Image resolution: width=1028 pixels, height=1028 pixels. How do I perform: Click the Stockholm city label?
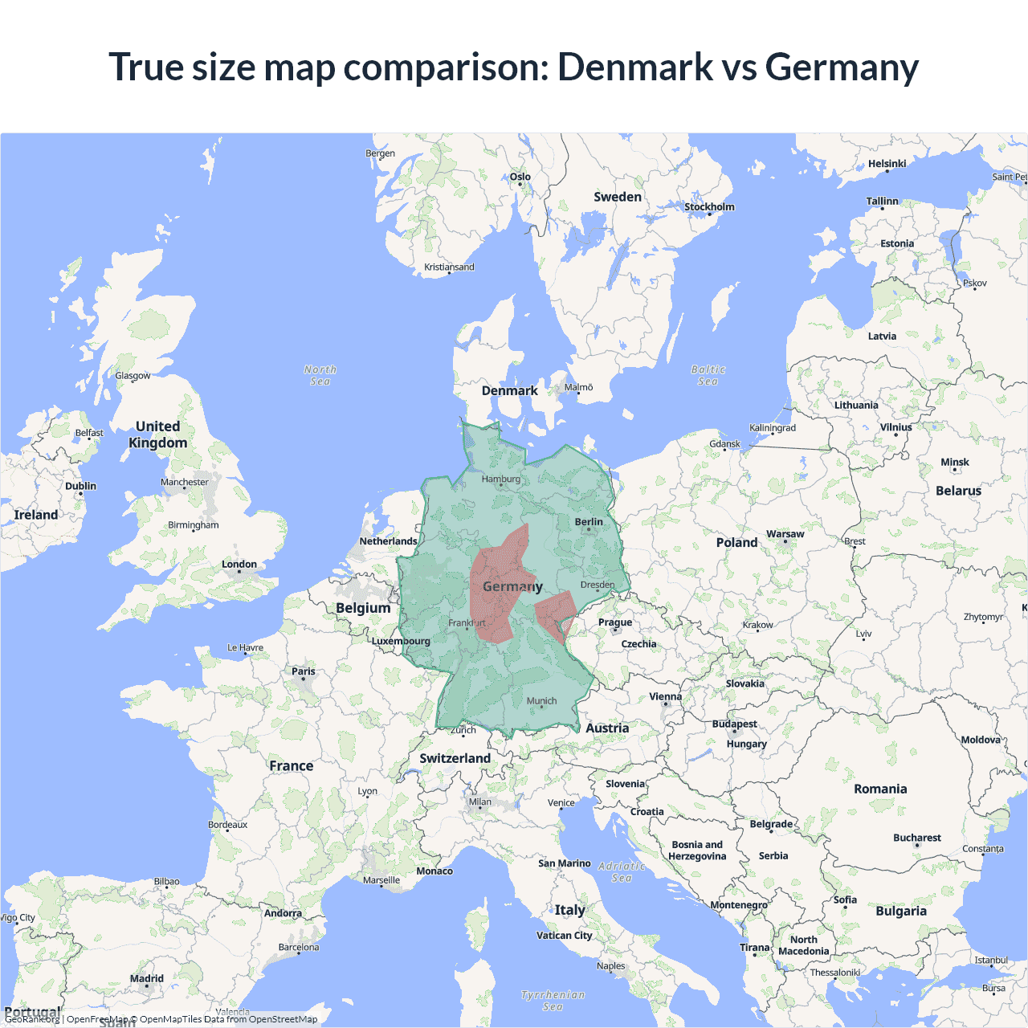coord(709,206)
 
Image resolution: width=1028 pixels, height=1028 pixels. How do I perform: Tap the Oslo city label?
coord(520,177)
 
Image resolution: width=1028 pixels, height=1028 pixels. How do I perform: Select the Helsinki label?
coord(887,164)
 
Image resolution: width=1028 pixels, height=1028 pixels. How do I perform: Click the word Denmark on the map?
coord(509,391)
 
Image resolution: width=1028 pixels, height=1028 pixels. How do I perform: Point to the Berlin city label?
coord(589,522)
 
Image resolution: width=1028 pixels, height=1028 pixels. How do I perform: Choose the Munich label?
coord(541,701)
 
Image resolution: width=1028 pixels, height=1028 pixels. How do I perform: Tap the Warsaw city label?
coord(785,534)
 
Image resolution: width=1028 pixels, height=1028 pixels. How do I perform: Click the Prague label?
coord(615,622)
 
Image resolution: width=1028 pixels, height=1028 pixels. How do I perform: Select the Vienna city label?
coord(665,696)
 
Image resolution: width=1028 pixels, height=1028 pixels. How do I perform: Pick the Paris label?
coord(304,671)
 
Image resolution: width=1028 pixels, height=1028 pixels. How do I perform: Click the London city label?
coord(239,565)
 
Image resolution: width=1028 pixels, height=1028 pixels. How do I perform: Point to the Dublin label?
coord(80,486)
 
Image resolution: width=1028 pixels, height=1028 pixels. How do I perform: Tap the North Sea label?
coord(320,375)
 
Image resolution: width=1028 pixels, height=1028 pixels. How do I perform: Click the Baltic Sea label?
coord(708,375)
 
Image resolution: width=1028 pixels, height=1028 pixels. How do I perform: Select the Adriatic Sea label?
coord(622,871)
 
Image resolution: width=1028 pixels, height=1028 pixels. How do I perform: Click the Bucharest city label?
coord(916,838)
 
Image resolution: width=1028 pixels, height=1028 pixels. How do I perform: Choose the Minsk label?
coord(955,463)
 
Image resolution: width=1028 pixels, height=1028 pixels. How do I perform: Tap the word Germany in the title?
coord(842,67)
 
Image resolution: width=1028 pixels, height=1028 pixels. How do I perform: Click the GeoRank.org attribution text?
coord(32,1019)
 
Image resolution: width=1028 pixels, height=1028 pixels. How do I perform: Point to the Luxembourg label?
coord(401,641)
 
